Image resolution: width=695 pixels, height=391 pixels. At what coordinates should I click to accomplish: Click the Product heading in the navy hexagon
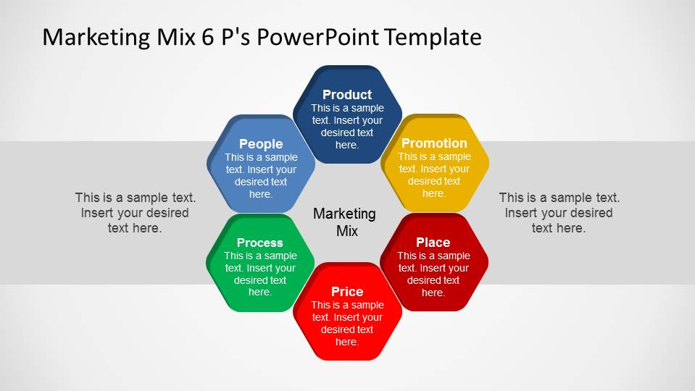point(347,95)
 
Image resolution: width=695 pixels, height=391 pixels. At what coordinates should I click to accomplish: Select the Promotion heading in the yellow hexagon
point(434,143)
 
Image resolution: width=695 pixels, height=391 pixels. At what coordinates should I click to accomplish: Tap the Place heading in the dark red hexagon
point(433,243)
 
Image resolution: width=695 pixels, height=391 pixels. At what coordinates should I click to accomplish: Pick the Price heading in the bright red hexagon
point(347,292)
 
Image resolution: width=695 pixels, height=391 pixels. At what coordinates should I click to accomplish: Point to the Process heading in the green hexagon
point(259,243)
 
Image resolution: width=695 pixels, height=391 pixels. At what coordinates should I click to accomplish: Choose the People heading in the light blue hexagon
point(261,144)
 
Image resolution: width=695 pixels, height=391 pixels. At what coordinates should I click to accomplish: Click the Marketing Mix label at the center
point(344,222)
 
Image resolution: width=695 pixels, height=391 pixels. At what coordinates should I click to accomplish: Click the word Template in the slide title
point(433,37)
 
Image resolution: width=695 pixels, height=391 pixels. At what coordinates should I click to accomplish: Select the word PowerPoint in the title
point(317,37)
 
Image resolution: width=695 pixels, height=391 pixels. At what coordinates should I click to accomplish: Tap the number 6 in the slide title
point(208,37)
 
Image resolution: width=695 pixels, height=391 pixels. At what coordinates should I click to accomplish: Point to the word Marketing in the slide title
point(96,37)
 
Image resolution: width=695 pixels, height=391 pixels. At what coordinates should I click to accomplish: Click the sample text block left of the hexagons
point(136,213)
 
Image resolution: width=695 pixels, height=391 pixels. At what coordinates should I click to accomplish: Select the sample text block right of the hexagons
point(559,213)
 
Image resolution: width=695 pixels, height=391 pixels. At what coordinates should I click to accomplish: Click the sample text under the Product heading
point(347,127)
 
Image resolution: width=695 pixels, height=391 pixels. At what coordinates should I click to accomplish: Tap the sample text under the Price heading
point(347,324)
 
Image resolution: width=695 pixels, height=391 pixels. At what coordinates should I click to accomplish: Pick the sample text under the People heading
point(261,176)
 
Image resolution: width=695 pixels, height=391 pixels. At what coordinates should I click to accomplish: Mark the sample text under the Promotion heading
point(434,175)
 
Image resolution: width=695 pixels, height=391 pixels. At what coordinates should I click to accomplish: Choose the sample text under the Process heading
point(259,274)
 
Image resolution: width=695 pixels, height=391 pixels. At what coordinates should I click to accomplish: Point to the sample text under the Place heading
point(433,274)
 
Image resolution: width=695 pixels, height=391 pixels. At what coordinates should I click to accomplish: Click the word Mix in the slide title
point(176,37)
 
